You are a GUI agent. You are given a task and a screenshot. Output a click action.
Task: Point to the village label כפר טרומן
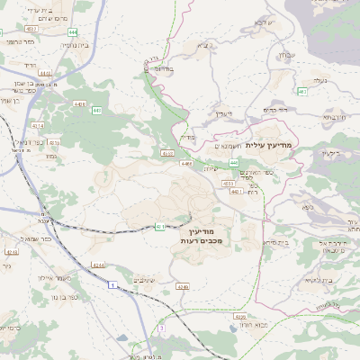pyautogui.click(x=18, y=41)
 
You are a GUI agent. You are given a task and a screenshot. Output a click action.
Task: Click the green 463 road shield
pyautogui.click(x=303, y=91)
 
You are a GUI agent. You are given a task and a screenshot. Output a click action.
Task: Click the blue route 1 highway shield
pyautogui.click(x=114, y=285)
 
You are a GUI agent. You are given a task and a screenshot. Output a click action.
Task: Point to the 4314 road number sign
pyautogui.click(x=53, y=141)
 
